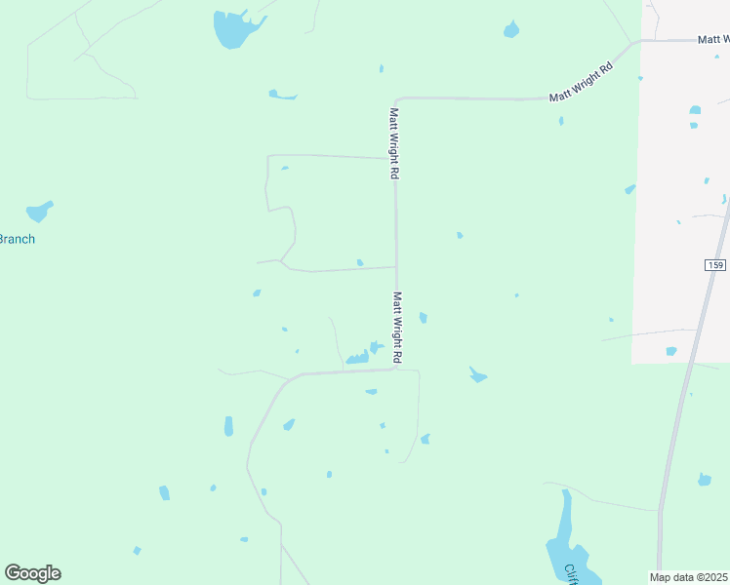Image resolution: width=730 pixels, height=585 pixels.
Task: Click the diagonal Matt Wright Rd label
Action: click(580, 83)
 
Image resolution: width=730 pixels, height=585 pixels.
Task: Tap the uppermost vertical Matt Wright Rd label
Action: click(395, 142)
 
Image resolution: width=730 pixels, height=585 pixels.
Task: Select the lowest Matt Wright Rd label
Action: click(397, 326)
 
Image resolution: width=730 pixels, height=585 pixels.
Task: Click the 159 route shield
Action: click(714, 265)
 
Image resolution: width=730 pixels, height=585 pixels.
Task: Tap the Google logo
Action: click(32, 572)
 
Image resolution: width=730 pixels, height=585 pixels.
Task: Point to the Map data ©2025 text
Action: click(689, 576)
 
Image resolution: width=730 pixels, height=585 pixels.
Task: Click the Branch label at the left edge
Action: click(17, 239)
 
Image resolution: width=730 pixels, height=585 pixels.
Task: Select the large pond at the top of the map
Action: click(234, 28)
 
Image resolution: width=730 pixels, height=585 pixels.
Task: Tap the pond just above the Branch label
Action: click(39, 211)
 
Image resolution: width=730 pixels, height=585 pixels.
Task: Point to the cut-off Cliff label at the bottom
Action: click(571, 575)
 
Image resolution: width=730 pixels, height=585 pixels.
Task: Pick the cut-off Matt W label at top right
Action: click(713, 39)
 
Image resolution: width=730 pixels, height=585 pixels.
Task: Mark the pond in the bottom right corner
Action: click(704, 479)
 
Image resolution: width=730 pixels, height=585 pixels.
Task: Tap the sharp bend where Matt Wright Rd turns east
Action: click(396, 99)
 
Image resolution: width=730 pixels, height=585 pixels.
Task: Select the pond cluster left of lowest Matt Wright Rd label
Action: click(359, 356)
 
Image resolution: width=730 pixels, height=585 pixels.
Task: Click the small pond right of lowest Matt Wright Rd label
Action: click(423, 317)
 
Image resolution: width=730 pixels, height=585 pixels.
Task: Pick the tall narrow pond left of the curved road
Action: click(228, 426)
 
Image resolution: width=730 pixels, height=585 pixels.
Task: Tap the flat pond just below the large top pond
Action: click(281, 95)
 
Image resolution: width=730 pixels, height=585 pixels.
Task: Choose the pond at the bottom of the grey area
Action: click(670, 351)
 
